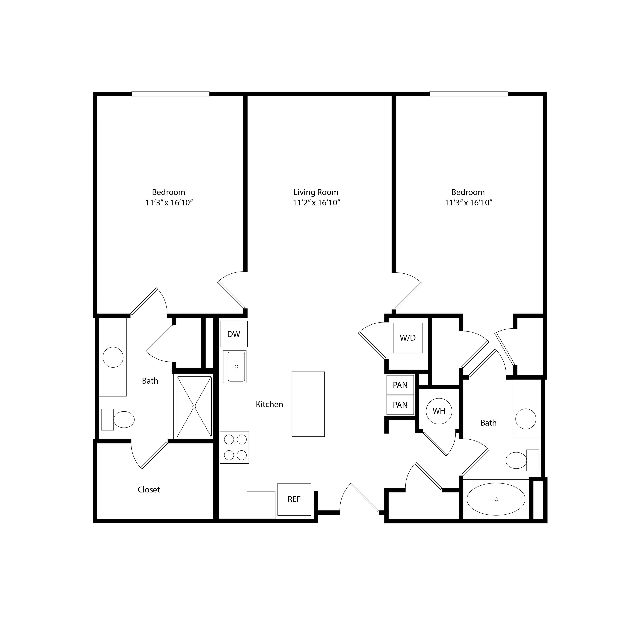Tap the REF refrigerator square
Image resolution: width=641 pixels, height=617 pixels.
(294, 499)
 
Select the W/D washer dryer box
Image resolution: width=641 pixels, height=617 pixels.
(407, 338)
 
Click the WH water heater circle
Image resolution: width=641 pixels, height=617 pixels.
(439, 411)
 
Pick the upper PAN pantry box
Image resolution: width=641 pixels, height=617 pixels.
(400, 385)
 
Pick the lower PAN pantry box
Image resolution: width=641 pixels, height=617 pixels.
(400, 405)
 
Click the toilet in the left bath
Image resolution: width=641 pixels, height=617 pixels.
(118, 420)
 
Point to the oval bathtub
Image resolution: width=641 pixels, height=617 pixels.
(496, 499)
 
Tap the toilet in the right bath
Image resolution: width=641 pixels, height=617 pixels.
(522, 460)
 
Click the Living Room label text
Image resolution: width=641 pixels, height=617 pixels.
(316, 192)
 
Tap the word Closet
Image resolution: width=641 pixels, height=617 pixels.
(149, 490)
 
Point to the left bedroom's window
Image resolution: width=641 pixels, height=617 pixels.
(170, 94)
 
